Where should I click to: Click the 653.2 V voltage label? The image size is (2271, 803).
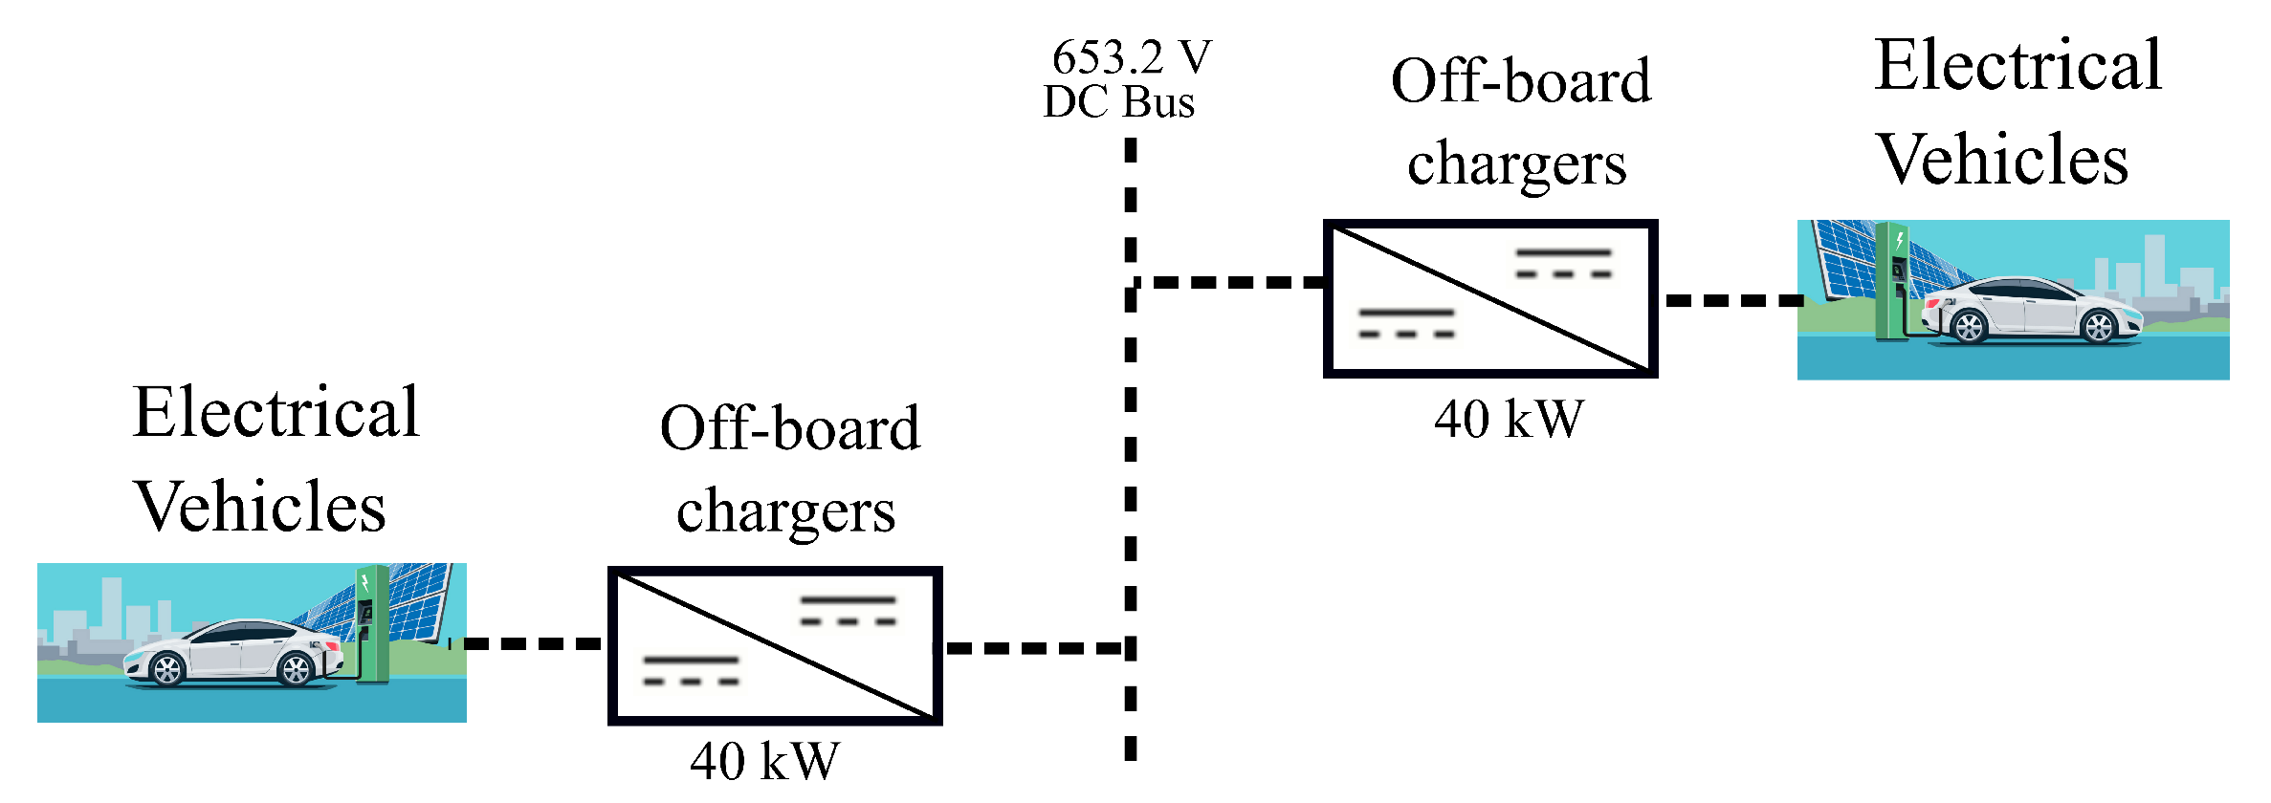[1131, 58]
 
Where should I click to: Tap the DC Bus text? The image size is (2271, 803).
[1118, 102]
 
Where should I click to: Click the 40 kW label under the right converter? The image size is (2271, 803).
[1509, 420]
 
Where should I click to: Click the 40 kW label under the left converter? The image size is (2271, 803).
[764, 762]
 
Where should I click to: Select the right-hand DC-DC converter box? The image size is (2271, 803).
[1489, 299]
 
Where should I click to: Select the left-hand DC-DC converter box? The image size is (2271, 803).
[775, 646]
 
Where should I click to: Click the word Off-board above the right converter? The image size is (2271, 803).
[1520, 81]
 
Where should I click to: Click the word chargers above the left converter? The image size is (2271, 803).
[785, 511]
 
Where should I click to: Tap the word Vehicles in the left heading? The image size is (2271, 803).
[260, 507]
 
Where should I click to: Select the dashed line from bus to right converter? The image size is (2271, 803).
[1229, 282]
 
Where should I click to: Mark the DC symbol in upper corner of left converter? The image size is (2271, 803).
[848, 611]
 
